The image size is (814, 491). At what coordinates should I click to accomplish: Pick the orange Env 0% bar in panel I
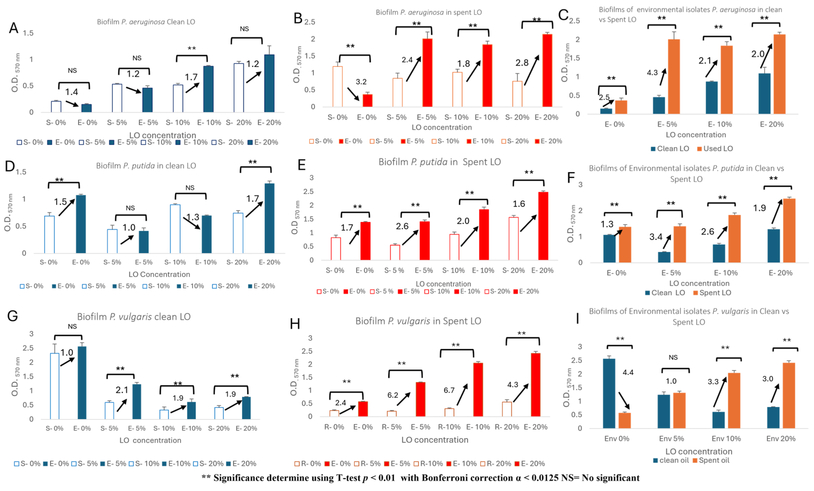[x=624, y=420]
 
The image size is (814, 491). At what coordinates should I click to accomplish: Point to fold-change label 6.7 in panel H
[x=449, y=390]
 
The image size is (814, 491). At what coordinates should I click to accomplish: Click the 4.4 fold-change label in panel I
[x=628, y=372]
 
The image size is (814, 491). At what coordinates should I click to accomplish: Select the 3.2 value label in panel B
[x=361, y=82]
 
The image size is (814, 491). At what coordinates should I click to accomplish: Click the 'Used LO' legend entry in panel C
[x=715, y=149]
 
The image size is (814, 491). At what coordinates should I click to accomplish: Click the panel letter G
[x=12, y=316]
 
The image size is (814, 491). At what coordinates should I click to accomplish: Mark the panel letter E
[x=302, y=165]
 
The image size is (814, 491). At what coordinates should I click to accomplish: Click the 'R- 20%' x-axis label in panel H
[x=507, y=427]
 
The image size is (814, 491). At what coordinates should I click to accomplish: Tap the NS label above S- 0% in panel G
[x=72, y=326]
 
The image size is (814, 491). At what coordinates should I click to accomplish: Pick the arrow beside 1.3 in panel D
[x=192, y=223]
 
